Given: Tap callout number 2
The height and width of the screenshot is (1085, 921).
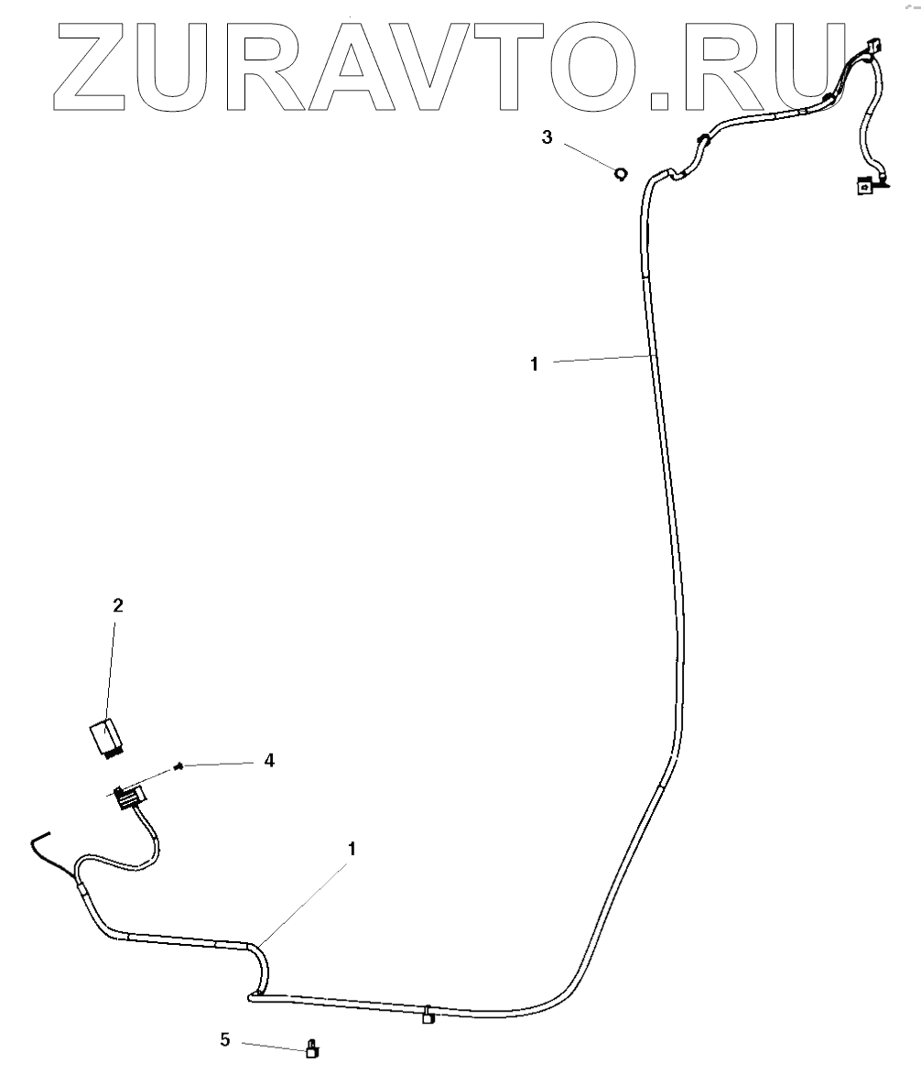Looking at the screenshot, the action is point(117,605).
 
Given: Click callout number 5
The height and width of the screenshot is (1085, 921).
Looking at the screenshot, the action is point(224,1039).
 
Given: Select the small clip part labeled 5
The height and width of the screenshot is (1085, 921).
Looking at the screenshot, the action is point(312,1050).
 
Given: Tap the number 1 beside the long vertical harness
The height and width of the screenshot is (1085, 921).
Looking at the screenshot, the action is point(534,363).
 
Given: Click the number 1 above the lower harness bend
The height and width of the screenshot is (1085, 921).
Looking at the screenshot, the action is point(351,849).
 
